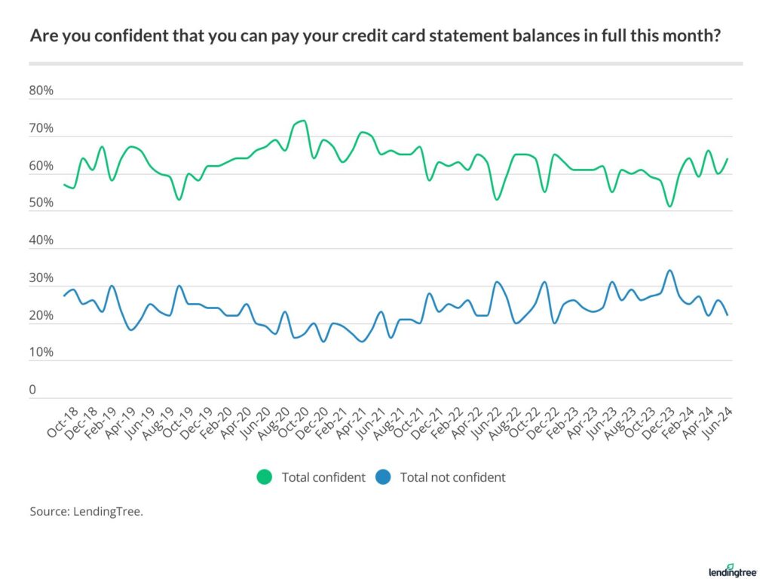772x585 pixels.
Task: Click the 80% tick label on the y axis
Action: tap(41, 91)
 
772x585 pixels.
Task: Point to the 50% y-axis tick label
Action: tap(41, 204)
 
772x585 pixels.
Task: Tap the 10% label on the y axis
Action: tap(41, 353)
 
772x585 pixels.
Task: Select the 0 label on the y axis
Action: tap(32, 391)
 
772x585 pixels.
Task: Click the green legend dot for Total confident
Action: tap(265, 477)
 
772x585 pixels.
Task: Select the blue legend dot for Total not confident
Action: tap(383, 477)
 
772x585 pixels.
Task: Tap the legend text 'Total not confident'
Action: tap(452, 477)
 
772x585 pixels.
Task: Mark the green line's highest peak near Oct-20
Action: tap(302, 121)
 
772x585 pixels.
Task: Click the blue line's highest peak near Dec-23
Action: tap(669, 271)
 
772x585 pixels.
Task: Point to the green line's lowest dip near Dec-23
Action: tap(669, 207)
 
